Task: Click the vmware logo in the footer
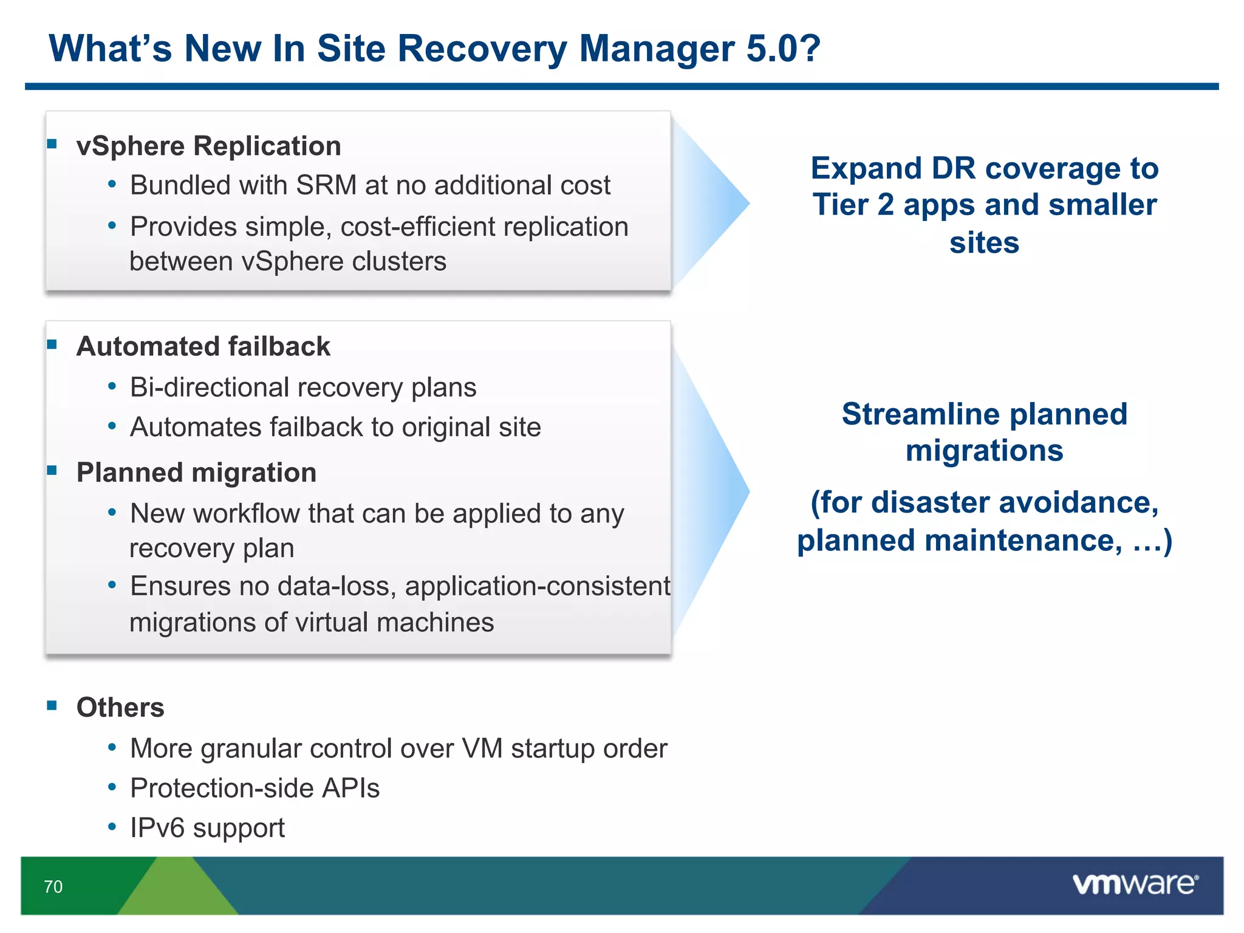[1135, 884]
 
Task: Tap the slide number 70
[53, 887]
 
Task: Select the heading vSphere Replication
[208, 146]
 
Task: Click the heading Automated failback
[203, 347]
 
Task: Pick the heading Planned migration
[196, 473]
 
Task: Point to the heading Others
[120, 708]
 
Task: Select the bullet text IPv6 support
[207, 828]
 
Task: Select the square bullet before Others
[52, 706]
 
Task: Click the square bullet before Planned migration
[52, 471]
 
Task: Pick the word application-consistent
[538, 587]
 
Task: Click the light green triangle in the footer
[177, 890]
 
